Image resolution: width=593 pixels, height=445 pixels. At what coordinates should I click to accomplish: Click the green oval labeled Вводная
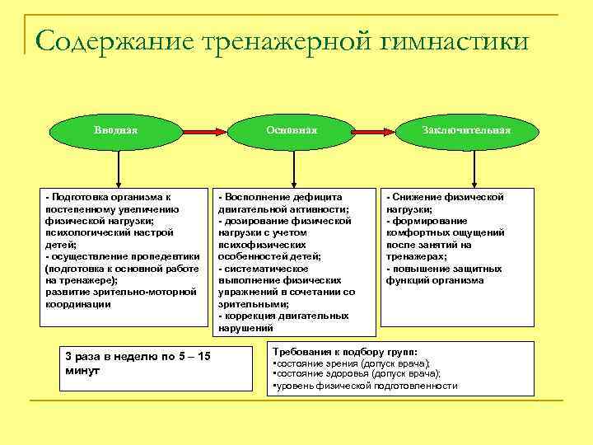[x=116, y=130]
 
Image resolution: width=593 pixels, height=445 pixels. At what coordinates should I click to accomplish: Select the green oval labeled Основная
[x=292, y=130]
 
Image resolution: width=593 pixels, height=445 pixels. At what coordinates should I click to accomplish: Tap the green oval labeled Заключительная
[x=466, y=130]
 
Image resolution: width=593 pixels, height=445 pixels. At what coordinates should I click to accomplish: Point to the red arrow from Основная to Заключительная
[x=379, y=131]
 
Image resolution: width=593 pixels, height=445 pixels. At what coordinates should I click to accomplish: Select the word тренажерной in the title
[x=273, y=39]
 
